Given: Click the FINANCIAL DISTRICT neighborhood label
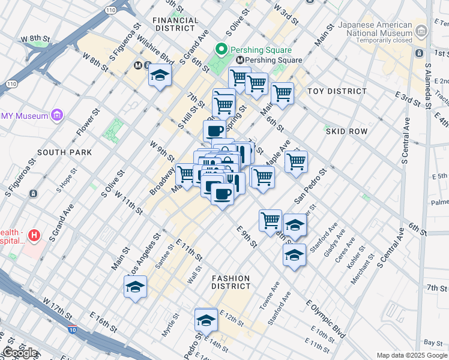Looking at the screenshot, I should (175, 24).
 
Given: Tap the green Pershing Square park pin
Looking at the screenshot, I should (221, 50).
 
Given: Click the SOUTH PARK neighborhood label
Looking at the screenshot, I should (65, 152).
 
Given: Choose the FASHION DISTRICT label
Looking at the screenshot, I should (231, 282).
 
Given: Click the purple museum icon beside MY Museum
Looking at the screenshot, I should (58, 115).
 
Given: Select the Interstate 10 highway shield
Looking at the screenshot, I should (73, 329).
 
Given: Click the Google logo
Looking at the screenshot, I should (20, 353).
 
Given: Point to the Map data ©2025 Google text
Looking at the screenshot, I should (412, 355).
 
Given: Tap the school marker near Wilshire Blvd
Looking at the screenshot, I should (160, 76).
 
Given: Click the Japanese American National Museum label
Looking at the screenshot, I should (375, 29).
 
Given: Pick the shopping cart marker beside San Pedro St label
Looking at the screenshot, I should (296, 161).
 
